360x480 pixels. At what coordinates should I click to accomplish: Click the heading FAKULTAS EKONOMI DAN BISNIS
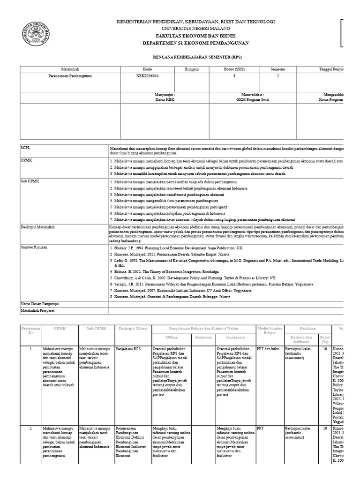(195, 36)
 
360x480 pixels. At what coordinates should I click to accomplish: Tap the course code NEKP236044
(147, 75)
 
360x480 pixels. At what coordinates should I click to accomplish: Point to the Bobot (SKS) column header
(232, 69)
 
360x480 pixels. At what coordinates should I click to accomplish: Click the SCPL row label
(26, 147)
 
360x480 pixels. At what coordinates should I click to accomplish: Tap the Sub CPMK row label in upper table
(29, 180)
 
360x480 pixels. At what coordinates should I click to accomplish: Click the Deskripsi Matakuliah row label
(38, 227)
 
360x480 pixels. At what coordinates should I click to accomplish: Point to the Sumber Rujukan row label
(34, 247)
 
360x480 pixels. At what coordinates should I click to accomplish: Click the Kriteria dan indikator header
(300, 339)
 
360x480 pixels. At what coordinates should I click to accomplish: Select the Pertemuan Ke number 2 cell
(30, 428)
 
